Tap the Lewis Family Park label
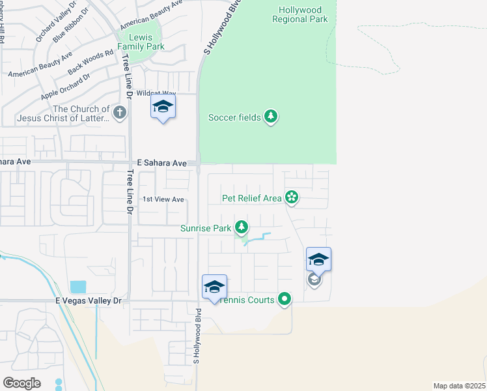[x=141, y=42]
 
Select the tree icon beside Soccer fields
[x=271, y=117]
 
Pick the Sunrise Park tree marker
[x=242, y=227]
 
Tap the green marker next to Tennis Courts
[x=285, y=299]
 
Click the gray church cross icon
[x=119, y=113]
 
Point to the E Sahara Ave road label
[x=162, y=162]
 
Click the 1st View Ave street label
[x=163, y=199]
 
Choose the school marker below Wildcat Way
[x=163, y=107]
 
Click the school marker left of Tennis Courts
[x=214, y=287]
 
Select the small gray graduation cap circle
[x=314, y=279]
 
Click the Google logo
[x=21, y=383]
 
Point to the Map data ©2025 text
[x=459, y=385]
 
